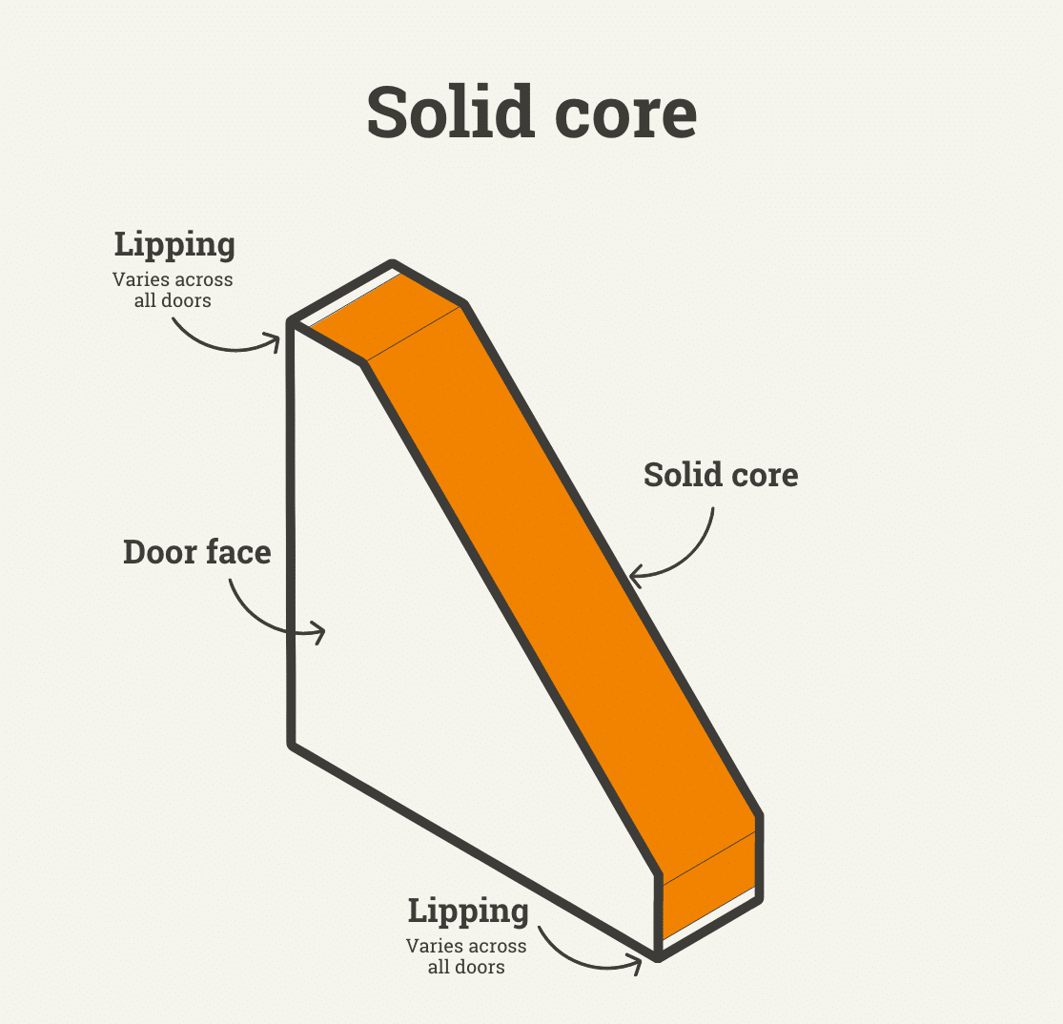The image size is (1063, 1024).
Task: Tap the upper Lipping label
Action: point(174,245)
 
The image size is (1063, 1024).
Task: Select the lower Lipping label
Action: point(467,911)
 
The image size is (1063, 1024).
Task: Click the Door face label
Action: point(196,551)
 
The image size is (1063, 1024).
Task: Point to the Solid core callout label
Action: point(721,474)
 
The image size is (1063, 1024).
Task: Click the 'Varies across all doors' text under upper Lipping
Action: point(173,290)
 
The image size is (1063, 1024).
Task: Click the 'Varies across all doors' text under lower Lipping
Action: point(466,956)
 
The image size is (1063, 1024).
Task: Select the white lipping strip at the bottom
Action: point(710,921)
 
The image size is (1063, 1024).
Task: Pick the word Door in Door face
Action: point(159,551)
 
